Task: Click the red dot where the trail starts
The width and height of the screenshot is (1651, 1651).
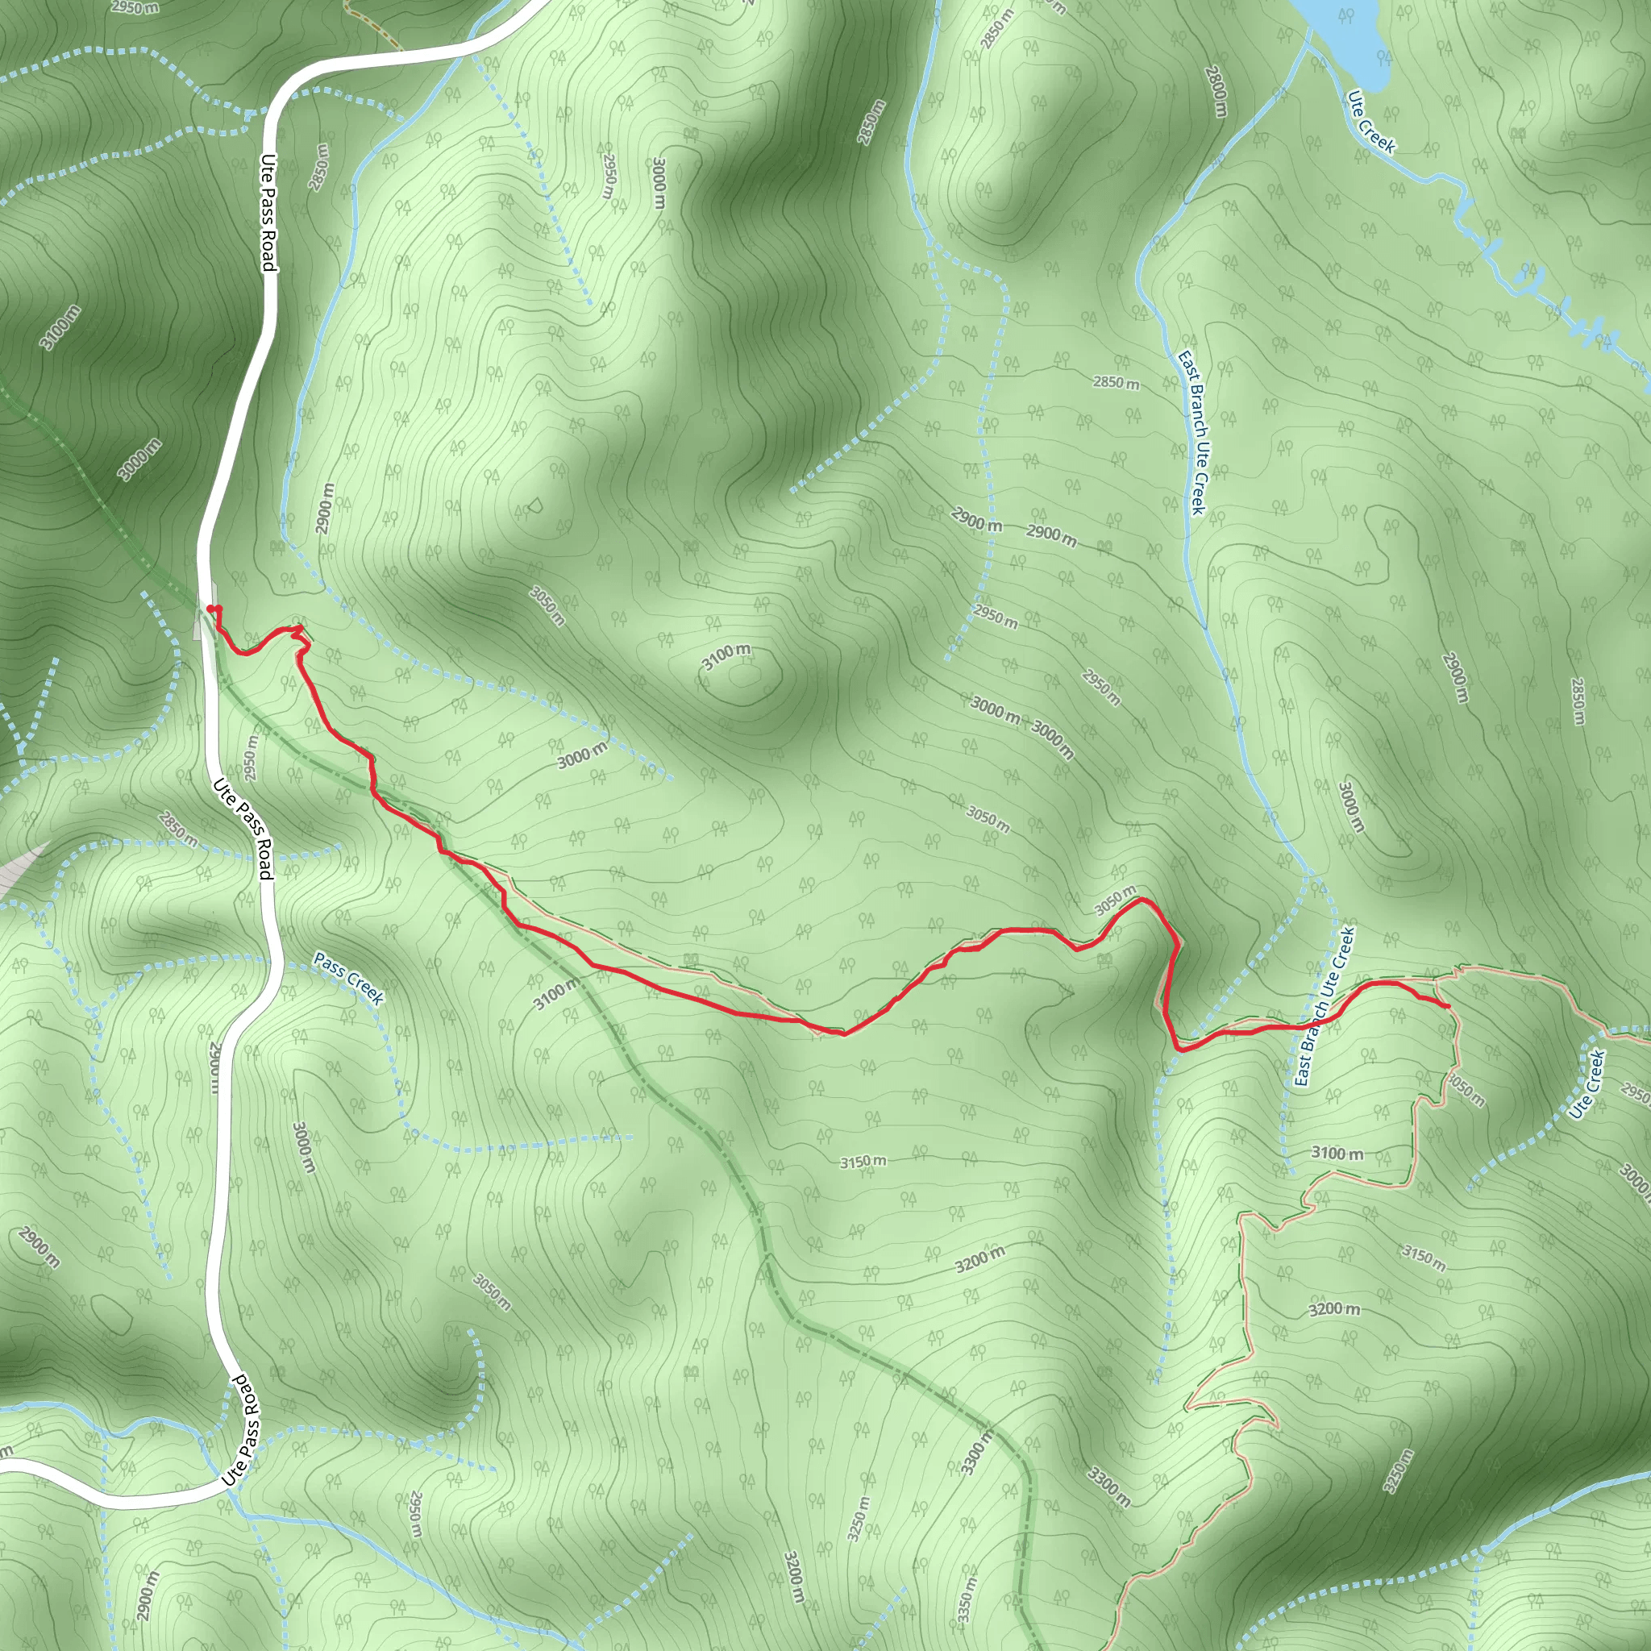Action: [x=210, y=609]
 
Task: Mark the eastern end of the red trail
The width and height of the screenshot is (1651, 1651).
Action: [x=1446, y=1007]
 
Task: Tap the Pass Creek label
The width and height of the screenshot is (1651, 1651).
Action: [x=348, y=978]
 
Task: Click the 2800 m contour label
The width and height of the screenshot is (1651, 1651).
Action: [x=1216, y=91]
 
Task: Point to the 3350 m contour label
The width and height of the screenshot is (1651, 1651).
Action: [x=966, y=1590]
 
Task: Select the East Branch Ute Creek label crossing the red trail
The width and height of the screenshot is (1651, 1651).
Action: [x=1324, y=1007]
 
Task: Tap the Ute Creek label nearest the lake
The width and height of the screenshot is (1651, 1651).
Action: [x=1370, y=123]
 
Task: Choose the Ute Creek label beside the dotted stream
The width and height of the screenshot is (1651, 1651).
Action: [x=1588, y=1083]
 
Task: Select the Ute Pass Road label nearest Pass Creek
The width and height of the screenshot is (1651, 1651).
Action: [x=243, y=827]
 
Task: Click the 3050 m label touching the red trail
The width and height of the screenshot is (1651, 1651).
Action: [x=1115, y=900]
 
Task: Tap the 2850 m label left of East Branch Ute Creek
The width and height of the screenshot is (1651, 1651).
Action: [x=1115, y=382]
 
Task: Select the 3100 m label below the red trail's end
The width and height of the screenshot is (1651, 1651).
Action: [x=1337, y=1154]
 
